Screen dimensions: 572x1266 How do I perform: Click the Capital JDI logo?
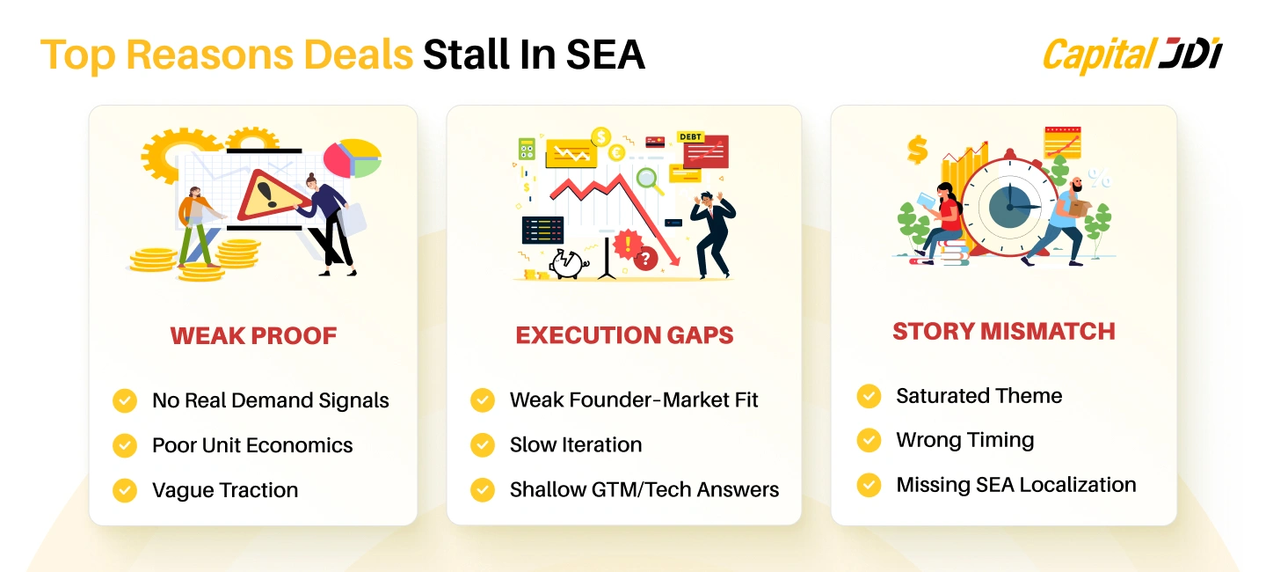pos(1131,55)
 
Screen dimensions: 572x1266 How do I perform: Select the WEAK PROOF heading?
pos(253,335)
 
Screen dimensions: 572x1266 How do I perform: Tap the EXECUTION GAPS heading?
pos(624,335)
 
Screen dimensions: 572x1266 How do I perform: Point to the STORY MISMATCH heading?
pos(1003,331)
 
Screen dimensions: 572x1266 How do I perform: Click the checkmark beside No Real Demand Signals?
pos(125,400)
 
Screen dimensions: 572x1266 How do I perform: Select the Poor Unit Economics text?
pos(252,445)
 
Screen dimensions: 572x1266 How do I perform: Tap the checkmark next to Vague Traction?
pos(125,490)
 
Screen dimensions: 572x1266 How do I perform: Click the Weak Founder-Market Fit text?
pos(633,400)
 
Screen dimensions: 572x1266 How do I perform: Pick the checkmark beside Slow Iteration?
pos(483,445)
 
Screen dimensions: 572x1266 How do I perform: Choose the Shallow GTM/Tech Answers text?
pos(644,490)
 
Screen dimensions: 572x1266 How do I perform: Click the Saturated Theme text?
pos(979,396)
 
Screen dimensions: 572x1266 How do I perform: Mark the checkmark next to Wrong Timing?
pos(869,440)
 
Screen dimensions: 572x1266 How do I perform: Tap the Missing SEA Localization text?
pos(1015,485)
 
